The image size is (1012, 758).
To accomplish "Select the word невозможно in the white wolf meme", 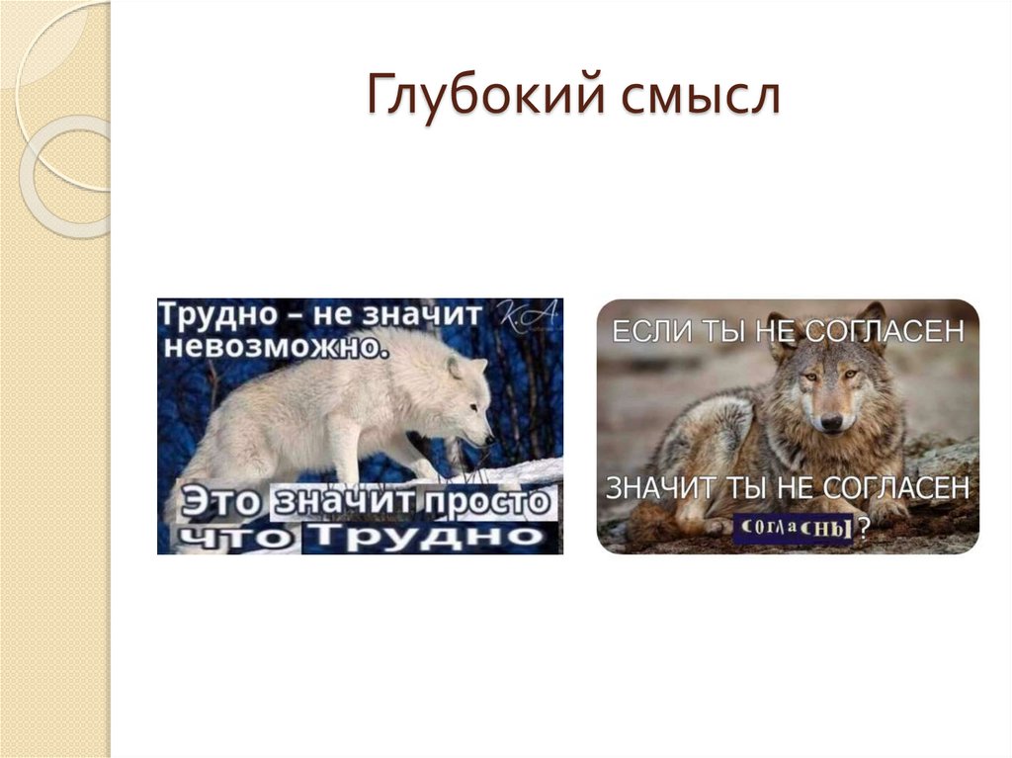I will pos(271,347).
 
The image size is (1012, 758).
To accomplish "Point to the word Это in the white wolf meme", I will pos(217,502).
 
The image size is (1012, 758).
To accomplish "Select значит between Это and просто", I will pos(347,502).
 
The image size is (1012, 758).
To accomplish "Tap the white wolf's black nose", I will pos(489,438).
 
